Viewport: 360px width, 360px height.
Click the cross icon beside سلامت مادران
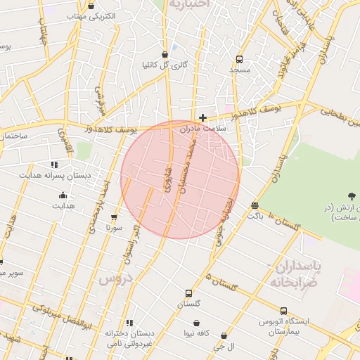(x=203, y=117)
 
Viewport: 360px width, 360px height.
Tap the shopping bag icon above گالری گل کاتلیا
(x=165, y=54)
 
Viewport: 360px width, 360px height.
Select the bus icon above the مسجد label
(x=239, y=60)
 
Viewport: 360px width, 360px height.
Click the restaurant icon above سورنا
(x=115, y=217)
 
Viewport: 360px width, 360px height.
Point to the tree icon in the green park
(x=351, y=195)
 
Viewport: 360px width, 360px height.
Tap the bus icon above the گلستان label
(x=188, y=293)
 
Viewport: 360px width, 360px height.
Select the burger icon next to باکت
(x=254, y=205)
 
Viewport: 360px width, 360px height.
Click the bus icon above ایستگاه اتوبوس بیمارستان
(x=283, y=311)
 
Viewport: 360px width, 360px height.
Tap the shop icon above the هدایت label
(x=63, y=195)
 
